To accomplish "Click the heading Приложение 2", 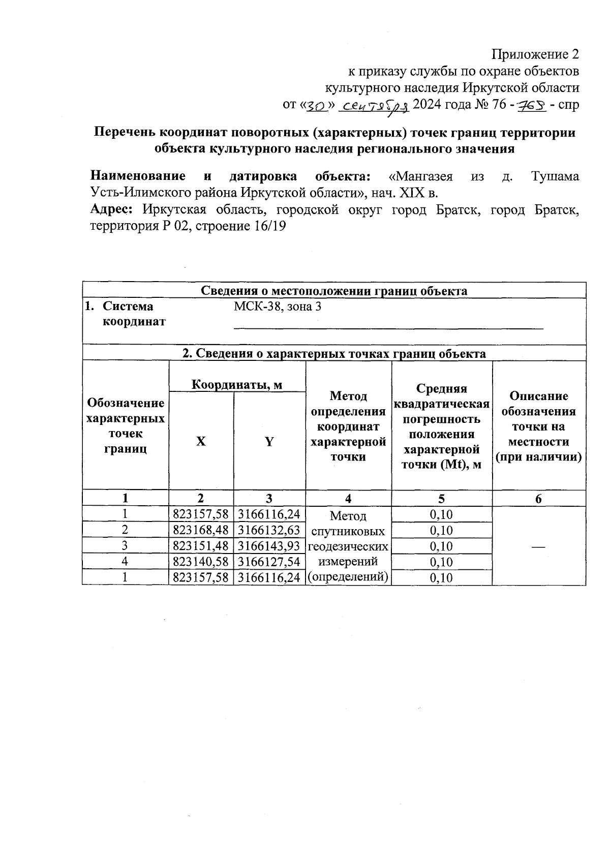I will point(535,54).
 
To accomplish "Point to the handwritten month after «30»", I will point(374,106).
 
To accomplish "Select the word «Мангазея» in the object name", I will point(420,176).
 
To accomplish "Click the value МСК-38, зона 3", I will point(278,306).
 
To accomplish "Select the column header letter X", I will point(201,442).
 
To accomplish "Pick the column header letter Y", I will point(269,442).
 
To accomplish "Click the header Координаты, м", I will point(237,384).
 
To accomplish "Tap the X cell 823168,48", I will point(201,530).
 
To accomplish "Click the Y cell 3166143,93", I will point(269,546).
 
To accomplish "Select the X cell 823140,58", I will point(201,562).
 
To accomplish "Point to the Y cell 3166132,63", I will point(269,530).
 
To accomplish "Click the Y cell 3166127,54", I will point(269,562).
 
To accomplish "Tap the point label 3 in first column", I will point(125,546).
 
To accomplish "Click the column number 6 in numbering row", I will point(538,499).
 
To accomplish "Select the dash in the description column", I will point(538,546).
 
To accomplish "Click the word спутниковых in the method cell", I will point(348,532).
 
